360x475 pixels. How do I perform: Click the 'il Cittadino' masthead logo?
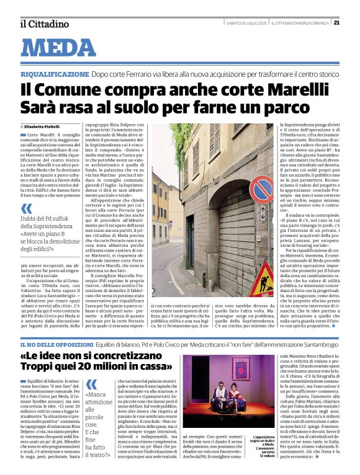pos(43,24)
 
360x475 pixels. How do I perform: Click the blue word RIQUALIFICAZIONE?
pos(55,73)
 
